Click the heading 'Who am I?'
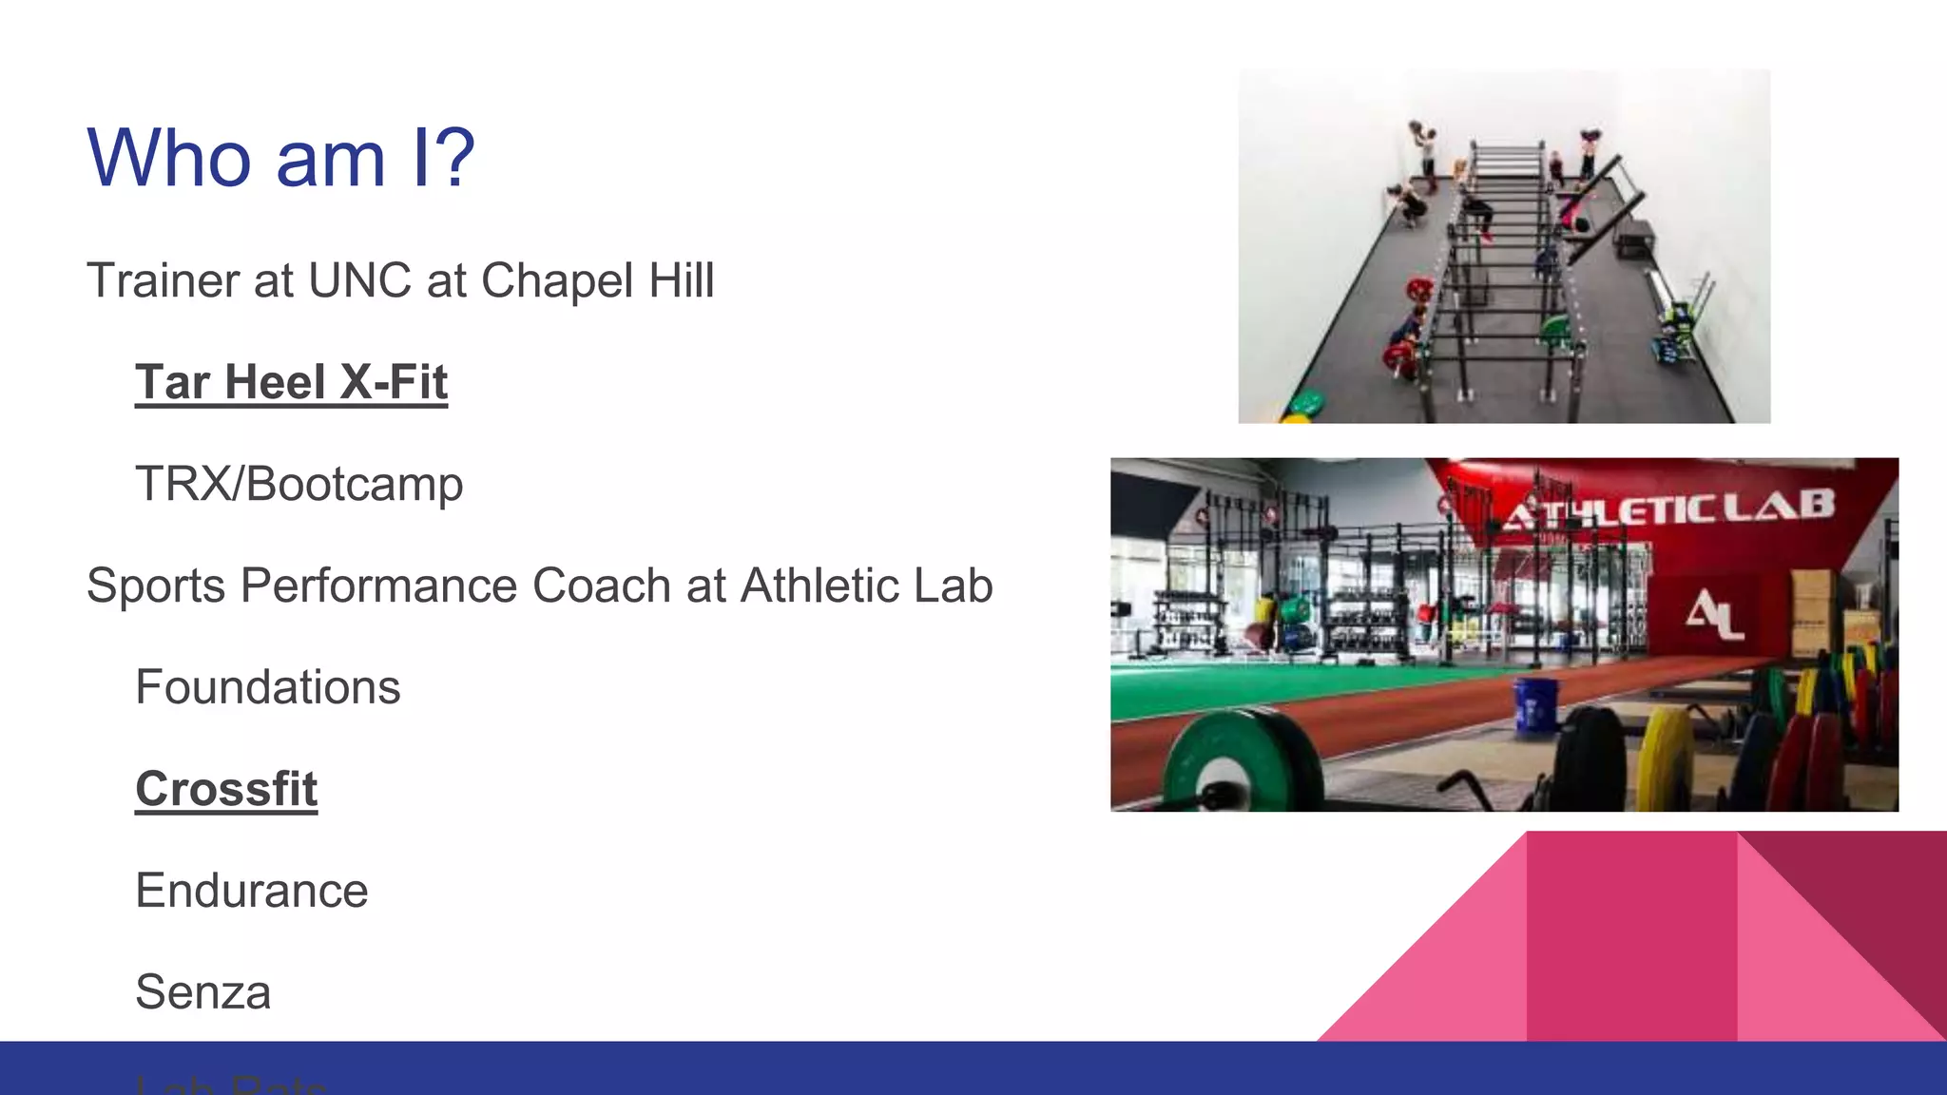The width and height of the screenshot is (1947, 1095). point(280,158)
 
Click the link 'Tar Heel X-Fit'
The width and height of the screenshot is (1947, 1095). point(291,382)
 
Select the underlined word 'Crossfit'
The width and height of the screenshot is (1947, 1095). point(226,789)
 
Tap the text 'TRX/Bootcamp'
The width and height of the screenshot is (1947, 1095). point(299,484)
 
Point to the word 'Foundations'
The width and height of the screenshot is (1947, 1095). point(268,687)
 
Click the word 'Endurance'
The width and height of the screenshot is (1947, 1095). point(252,891)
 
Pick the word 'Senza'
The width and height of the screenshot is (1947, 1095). point(203,992)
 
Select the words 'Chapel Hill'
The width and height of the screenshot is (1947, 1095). point(597,281)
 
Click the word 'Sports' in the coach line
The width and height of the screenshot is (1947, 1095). point(156,586)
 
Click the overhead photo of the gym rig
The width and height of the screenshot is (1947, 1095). point(1504,247)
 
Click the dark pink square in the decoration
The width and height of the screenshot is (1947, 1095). point(1631,936)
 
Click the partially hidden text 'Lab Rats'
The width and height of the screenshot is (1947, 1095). point(231,1085)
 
